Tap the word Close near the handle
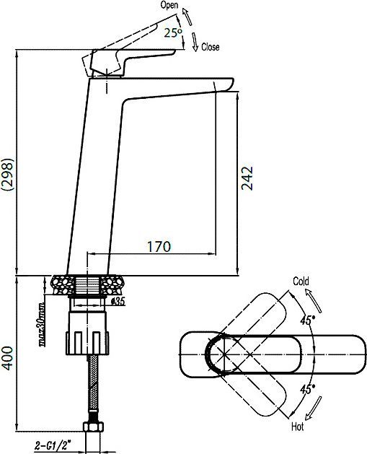pyautogui.click(x=210, y=47)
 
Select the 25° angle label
pyautogui.click(x=173, y=33)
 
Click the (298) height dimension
pyautogui.click(x=7, y=174)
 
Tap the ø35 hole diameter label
pyautogui.click(x=120, y=302)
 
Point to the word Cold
pyautogui.click(x=301, y=281)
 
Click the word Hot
pyautogui.click(x=297, y=427)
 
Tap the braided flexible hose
pyautogui.click(x=93, y=390)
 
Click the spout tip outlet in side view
pyautogui.click(x=224, y=87)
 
